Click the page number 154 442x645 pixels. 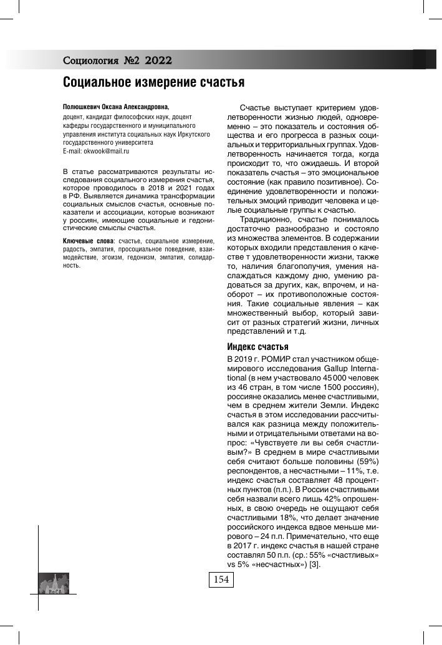pyautogui.click(x=221, y=580)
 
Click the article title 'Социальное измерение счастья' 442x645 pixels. pyautogui.click(x=153, y=82)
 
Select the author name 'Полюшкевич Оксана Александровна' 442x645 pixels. pyautogui.click(x=116, y=107)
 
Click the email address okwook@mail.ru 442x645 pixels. pyautogui.click(x=104, y=152)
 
